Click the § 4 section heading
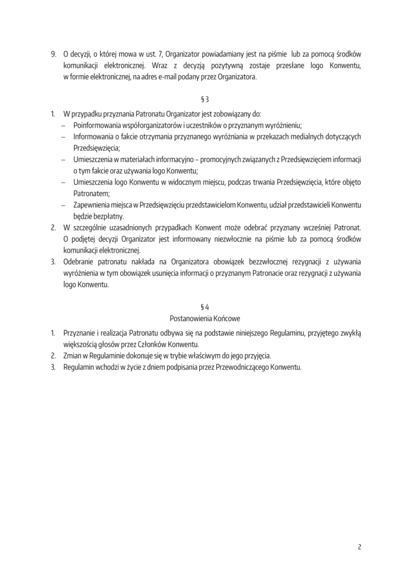[x=205, y=306]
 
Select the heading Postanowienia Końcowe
[x=205, y=318]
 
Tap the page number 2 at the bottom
[x=359, y=547]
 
